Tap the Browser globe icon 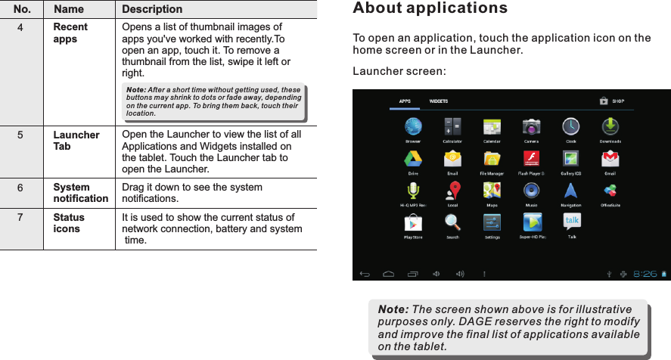(413, 126)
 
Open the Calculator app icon (452, 126)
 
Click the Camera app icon (532, 126)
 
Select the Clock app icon (570, 126)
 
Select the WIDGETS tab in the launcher (439, 101)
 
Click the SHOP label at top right (619, 101)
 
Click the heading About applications (430, 9)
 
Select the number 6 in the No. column (21, 188)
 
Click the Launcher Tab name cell (76, 141)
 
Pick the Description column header (152, 10)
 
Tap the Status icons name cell (69, 223)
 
